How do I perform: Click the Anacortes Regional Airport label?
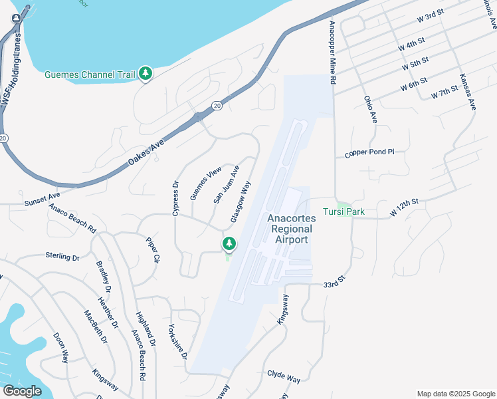tap(288, 229)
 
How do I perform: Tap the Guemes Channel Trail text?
tap(90, 74)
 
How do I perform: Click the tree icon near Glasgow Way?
tap(229, 244)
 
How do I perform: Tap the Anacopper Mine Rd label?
tap(333, 51)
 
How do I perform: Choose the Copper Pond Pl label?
tap(369, 153)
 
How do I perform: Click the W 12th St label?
tap(405, 207)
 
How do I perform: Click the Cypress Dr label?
tap(176, 199)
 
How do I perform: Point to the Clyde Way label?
tap(284, 376)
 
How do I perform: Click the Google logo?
tap(21, 391)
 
